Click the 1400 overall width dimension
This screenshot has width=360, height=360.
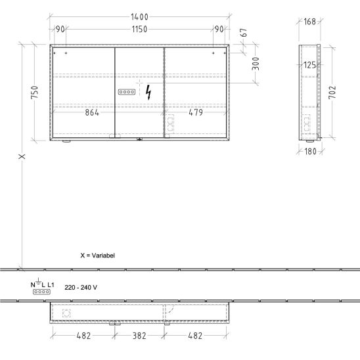[139, 17]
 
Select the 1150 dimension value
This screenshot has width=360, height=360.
[139, 30]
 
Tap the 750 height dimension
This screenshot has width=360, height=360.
[35, 92]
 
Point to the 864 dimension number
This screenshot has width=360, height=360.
[92, 112]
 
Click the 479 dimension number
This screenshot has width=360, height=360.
[196, 112]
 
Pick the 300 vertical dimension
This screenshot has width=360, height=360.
[256, 64]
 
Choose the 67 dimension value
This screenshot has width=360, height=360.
[244, 33]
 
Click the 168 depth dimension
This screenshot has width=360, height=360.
[309, 22]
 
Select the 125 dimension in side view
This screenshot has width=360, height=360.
[309, 65]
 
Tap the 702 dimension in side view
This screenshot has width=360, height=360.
[332, 92]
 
